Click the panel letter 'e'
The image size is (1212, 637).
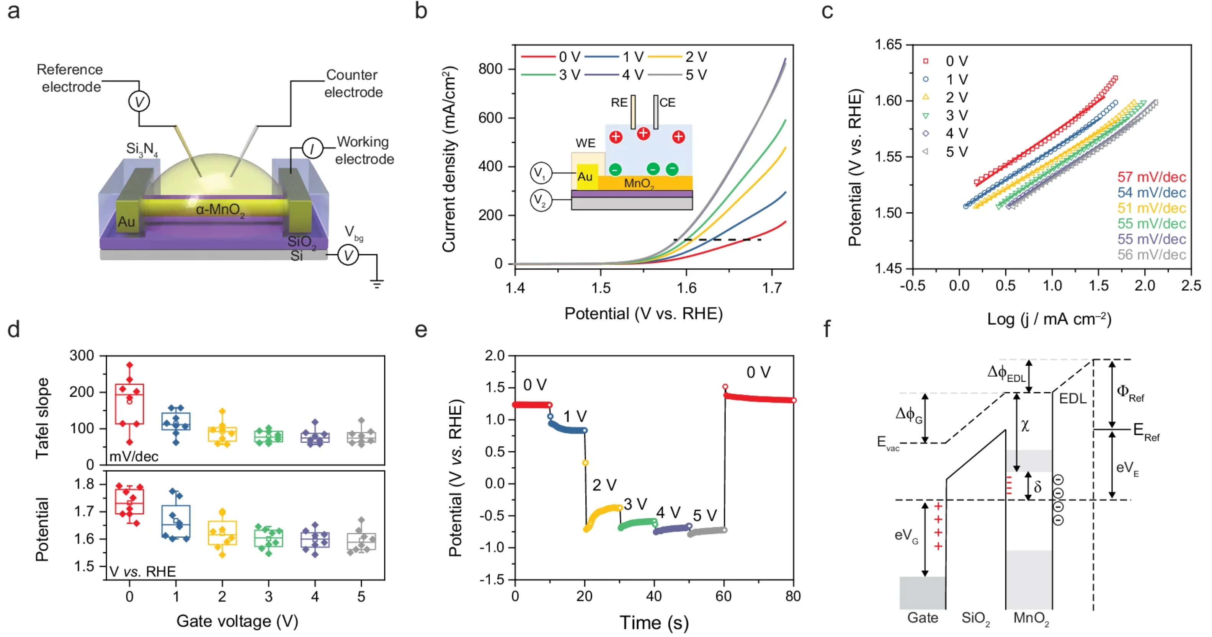tap(421, 330)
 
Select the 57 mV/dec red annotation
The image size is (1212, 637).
tap(1151, 177)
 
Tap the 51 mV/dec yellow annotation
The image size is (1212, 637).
tap(1151, 208)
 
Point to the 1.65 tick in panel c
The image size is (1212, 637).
tap(888, 45)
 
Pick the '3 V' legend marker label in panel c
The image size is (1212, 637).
tap(957, 115)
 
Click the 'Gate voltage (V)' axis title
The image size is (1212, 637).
tap(237, 621)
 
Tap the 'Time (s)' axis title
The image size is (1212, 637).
tap(653, 623)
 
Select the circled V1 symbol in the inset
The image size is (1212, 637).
tap(541, 173)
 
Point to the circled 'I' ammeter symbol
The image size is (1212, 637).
tap(312, 149)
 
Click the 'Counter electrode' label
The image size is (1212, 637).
tap(353, 84)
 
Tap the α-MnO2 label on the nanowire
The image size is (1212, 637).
tap(220, 210)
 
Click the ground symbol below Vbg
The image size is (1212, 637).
tap(376, 284)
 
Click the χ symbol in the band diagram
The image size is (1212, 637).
tap(1025, 426)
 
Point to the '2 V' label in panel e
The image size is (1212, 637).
tap(604, 485)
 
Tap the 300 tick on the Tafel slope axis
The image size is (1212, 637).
tap(82, 356)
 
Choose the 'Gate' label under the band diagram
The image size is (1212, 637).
tap(922, 618)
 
